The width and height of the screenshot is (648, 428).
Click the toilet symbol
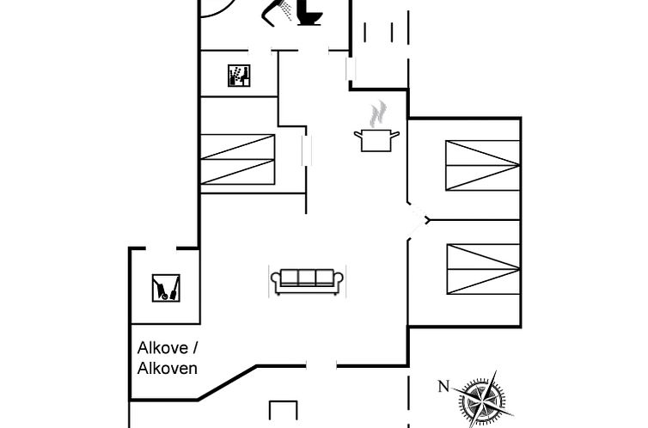tap(309, 12)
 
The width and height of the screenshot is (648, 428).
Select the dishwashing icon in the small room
tap(238, 76)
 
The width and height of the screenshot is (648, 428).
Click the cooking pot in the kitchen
tap(376, 139)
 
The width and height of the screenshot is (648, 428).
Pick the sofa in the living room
tap(308, 279)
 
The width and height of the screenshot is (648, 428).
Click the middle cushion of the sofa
tap(308, 277)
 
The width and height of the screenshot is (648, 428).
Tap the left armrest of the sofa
tap(276, 280)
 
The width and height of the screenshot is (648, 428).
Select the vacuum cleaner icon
tap(166, 287)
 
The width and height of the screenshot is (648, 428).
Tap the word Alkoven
tap(168, 368)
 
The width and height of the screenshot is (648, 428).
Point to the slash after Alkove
tap(194, 349)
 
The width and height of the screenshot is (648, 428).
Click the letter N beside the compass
tap(443, 387)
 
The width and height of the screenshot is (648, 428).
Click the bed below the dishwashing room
tap(237, 159)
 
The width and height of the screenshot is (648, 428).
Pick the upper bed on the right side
tap(483, 165)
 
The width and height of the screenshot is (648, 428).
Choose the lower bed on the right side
tap(483, 269)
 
